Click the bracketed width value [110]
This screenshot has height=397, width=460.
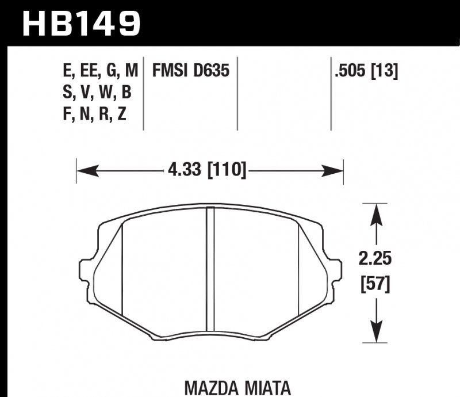227,170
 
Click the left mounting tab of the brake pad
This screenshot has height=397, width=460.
85,270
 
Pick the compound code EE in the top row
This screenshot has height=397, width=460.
87,71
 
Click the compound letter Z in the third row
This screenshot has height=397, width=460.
121,115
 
